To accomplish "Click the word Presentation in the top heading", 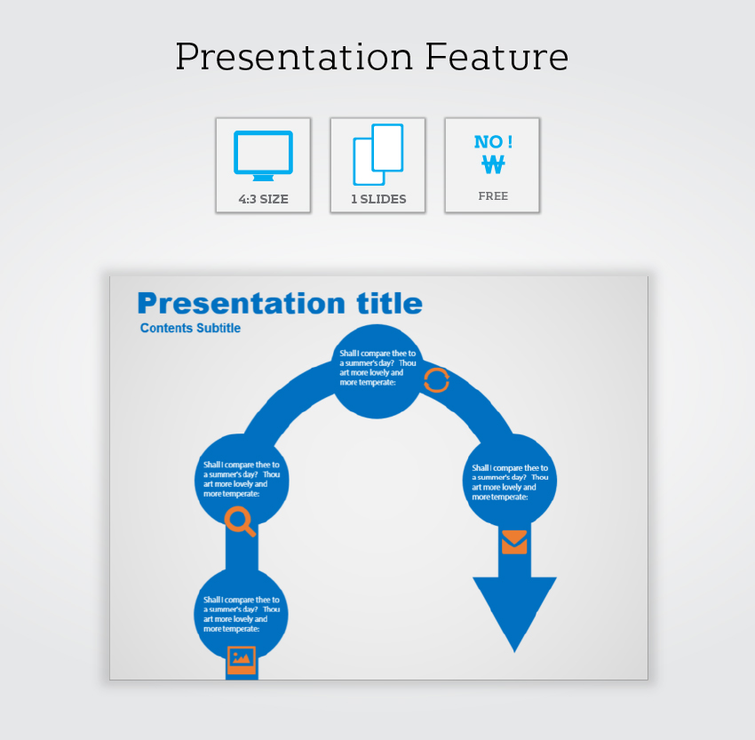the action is [294, 57].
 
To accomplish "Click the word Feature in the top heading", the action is [497, 57].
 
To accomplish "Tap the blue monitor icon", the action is [264, 155].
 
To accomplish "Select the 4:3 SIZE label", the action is [264, 199].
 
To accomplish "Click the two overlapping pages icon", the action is [378, 155].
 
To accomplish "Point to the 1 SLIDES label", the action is [378, 199].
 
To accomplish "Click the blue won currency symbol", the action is [494, 164].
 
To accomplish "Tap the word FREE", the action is [493, 196].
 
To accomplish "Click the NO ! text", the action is [493, 141].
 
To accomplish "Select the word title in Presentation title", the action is [390, 303].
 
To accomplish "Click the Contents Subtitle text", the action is [190, 328].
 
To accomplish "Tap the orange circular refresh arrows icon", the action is [437, 380].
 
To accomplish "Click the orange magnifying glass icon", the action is [240, 521].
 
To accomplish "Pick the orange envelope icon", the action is [514, 542].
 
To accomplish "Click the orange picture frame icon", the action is [242, 660].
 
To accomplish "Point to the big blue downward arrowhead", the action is [514, 609].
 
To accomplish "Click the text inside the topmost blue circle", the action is [377, 368].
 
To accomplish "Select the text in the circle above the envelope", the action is [510, 482].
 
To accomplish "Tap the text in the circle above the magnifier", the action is [242, 479].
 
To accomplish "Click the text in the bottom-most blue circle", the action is [242, 615].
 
